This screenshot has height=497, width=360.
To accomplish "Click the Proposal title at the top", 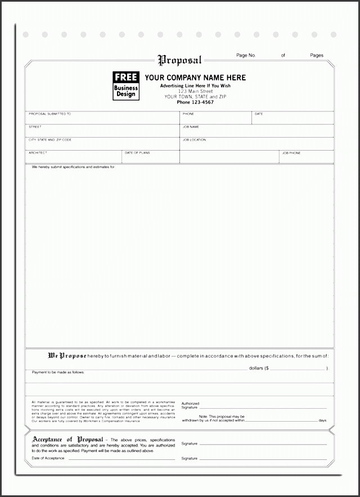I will (179, 59).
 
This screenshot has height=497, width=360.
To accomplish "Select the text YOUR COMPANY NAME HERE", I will (195, 78).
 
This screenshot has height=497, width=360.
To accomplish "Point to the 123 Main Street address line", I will (195, 91).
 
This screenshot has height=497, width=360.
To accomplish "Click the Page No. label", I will (246, 55).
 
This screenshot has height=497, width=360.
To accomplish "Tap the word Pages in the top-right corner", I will (317, 55).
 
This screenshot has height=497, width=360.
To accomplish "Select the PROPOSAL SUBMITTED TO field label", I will (49, 114).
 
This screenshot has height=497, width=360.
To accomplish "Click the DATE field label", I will (259, 114).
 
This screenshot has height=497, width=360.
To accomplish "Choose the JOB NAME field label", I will (191, 126).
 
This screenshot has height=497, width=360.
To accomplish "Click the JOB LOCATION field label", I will (194, 139).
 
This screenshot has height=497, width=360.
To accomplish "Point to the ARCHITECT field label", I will (38, 152).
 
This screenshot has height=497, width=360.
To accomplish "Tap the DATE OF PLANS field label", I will (137, 152).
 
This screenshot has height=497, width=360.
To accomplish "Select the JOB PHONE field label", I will (291, 152).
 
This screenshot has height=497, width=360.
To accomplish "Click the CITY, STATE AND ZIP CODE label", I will (50, 139).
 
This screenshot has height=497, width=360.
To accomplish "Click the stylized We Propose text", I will (67, 355).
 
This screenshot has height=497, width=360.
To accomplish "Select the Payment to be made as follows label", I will (58, 372).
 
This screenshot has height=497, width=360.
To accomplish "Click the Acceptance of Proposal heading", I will (67, 439).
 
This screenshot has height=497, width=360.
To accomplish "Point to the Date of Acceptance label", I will (48, 459).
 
